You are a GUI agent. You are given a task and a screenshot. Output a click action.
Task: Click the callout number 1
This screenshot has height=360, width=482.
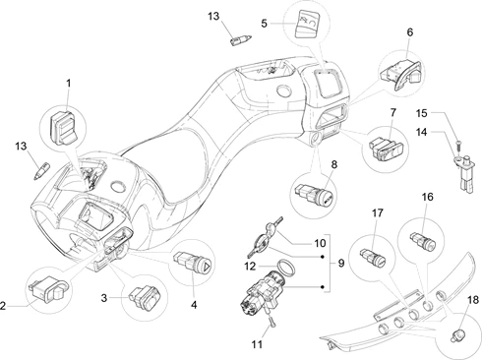[68, 84]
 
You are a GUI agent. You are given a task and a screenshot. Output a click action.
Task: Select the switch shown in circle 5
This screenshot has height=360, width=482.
[308, 24]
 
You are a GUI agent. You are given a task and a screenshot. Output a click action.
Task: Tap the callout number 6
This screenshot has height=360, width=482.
[409, 32]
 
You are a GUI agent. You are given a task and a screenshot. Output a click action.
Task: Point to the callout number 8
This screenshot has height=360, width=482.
[333, 164]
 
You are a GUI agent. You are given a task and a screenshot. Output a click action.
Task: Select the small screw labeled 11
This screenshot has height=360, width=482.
[272, 323]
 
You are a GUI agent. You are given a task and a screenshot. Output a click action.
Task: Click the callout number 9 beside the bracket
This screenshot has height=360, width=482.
[341, 263]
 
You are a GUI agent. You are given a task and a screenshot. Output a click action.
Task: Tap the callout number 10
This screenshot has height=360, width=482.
[320, 243]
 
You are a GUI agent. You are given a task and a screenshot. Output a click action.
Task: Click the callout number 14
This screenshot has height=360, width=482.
[422, 132]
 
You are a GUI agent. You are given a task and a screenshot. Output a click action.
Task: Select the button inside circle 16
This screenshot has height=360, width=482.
[423, 240]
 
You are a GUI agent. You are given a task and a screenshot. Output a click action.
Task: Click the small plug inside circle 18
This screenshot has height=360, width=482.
[458, 335]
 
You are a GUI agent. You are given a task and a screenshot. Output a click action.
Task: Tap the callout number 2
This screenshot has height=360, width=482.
[3, 306]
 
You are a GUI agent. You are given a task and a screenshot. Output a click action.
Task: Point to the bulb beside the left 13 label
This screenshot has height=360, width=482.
[41, 170]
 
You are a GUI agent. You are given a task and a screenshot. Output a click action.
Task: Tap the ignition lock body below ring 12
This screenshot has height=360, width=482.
[263, 292]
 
